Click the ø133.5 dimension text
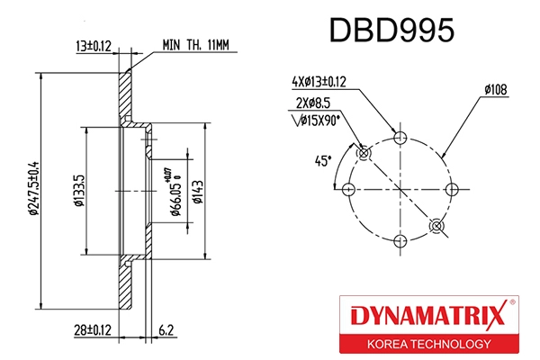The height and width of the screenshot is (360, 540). tap(79, 190)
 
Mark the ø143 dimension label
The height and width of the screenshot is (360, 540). tap(195, 190)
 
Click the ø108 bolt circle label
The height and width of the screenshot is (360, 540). tap(498, 89)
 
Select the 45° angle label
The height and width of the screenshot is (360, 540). tap(323, 161)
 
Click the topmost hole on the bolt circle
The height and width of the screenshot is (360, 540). tap(400, 139)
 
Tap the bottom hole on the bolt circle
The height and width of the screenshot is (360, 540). tap(400, 240)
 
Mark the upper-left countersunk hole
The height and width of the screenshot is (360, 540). tap(364, 153)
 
